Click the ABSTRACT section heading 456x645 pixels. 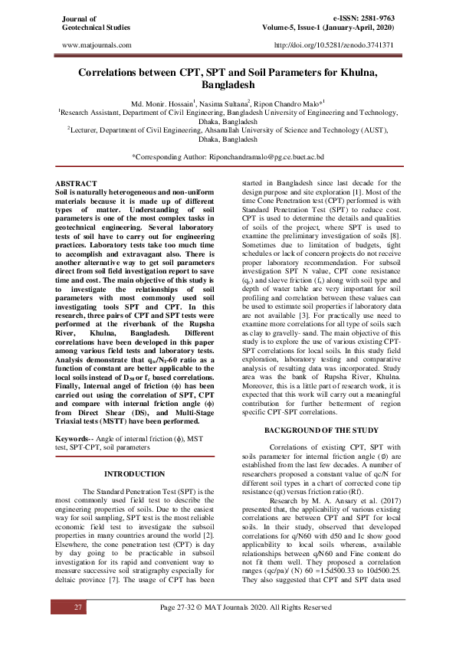[x=78, y=185]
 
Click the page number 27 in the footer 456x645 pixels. [x=77, y=628]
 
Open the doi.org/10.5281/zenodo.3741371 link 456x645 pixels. [x=333, y=45]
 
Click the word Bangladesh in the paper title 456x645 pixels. [x=228, y=85]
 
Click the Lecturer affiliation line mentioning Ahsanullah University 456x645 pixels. [x=228, y=130]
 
